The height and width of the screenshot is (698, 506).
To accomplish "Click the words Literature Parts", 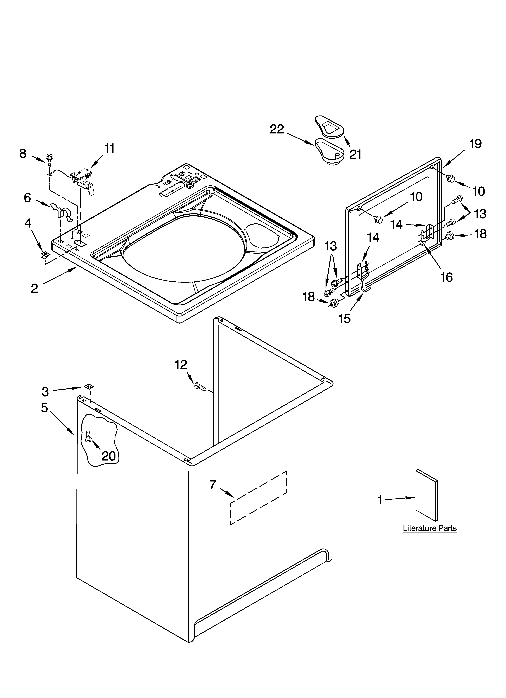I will click(430, 528).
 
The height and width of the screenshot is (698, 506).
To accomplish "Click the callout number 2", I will click(34, 288).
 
